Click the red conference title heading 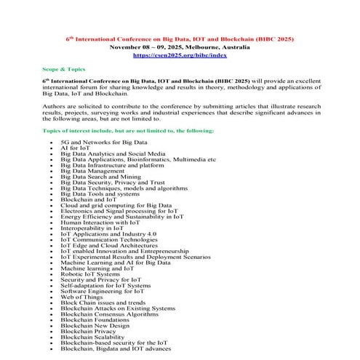pyautogui.click(x=180, y=37)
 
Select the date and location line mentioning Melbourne pyautogui.click(x=180, y=46)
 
